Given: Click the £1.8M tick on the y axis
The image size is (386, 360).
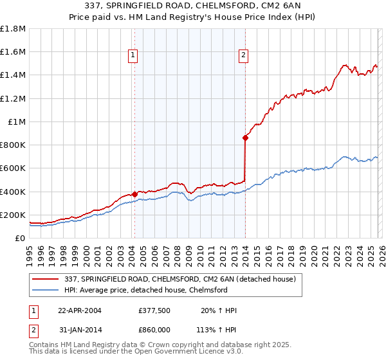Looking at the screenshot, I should (14, 29).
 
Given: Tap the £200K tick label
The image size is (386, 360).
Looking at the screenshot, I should (14, 215).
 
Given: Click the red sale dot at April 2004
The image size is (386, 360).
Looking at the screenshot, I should (134, 194).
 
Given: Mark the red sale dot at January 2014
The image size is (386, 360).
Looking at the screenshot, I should (245, 137).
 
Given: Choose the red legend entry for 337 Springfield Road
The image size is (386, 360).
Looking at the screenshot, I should (179, 279).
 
